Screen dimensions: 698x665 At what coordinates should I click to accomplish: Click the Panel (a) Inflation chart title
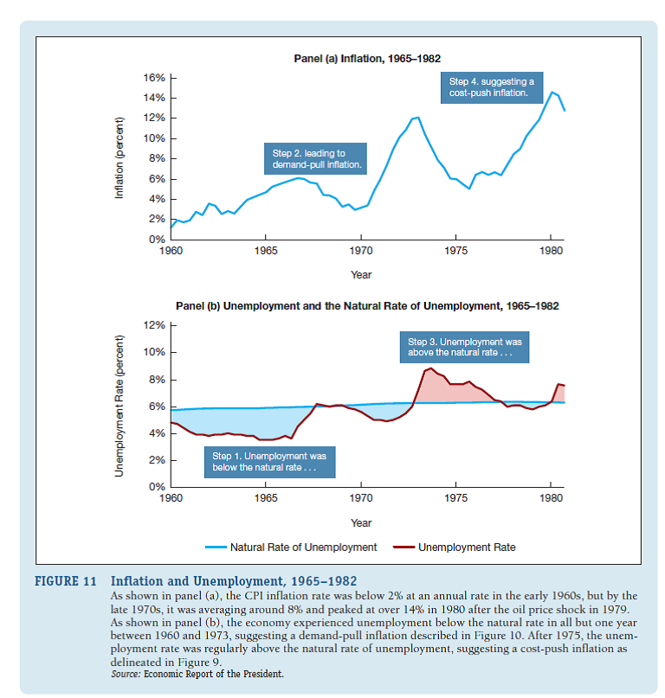[x=367, y=59]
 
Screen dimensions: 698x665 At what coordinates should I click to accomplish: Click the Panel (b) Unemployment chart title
[x=367, y=306]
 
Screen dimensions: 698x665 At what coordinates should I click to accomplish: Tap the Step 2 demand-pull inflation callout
[x=317, y=158]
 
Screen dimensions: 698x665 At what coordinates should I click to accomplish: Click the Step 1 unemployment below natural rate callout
[x=269, y=461]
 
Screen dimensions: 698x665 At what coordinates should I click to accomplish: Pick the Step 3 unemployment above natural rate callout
[x=464, y=347]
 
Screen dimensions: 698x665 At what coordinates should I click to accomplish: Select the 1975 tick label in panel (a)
[x=456, y=252]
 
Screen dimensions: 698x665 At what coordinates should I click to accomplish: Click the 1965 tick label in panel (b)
[x=266, y=499]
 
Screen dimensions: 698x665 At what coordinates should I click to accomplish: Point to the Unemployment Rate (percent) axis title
[x=120, y=407]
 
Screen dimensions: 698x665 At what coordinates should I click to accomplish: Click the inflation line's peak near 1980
[x=552, y=92]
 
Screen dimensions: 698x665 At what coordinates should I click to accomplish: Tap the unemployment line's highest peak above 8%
[x=431, y=368]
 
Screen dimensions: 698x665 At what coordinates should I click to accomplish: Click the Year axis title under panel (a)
[x=361, y=274]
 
